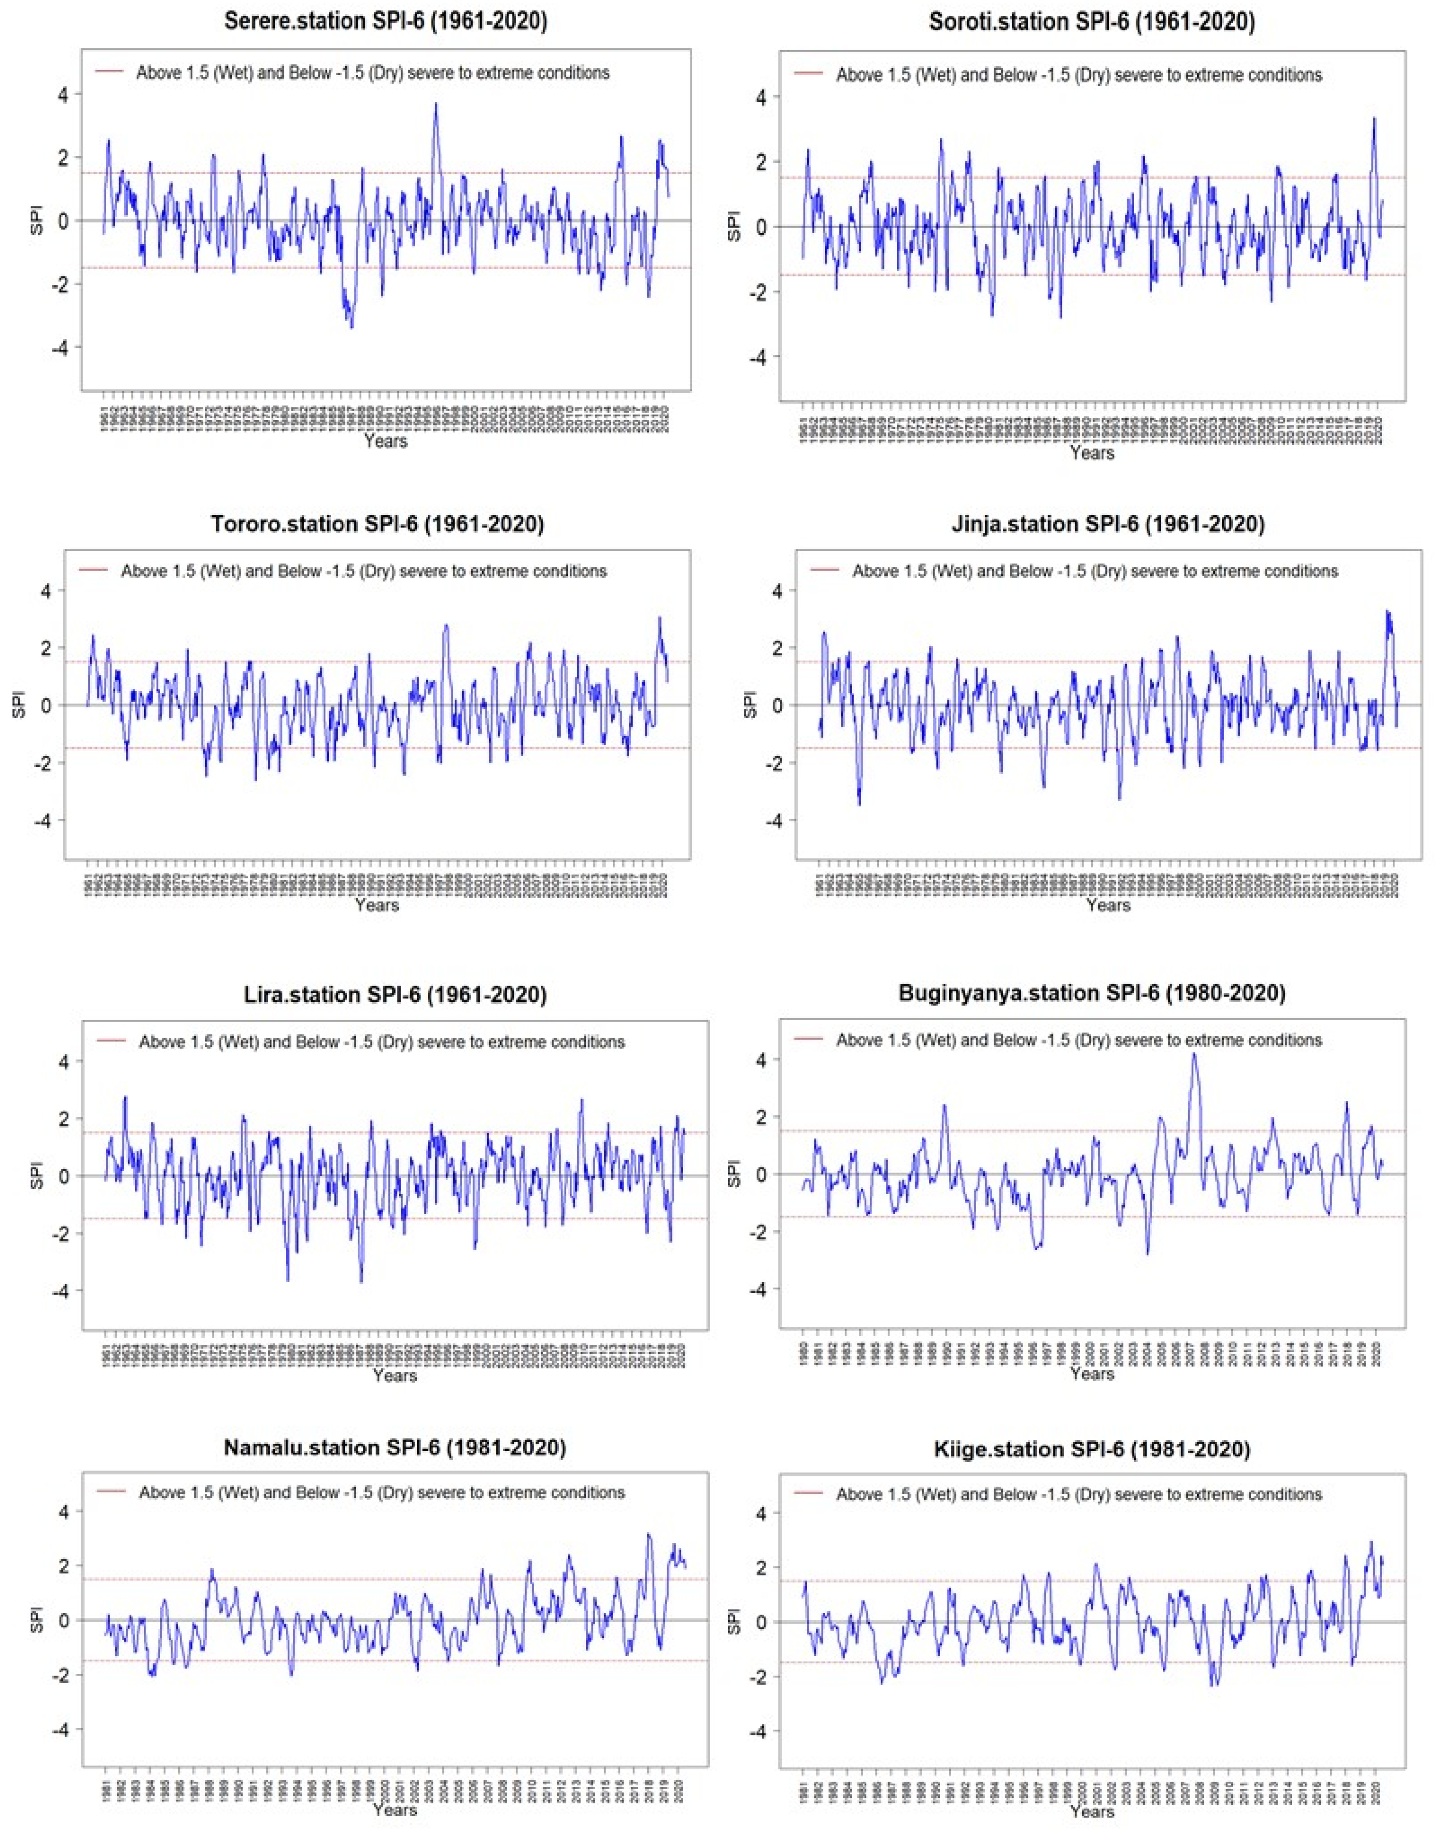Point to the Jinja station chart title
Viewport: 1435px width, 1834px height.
(1107, 524)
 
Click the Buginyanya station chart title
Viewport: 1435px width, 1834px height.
(1091, 993)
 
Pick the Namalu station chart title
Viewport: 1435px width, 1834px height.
(395, 1448)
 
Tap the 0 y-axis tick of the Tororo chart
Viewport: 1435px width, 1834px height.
(45, 705)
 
